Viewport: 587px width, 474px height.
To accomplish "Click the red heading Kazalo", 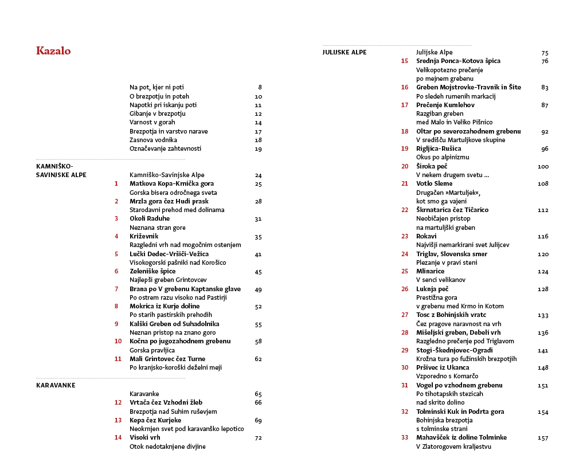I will click(x=53, y=51).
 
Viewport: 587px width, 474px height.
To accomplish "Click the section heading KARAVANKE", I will click(x=56, y=385).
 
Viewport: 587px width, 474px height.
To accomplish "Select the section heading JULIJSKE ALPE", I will click(x=345, y=52).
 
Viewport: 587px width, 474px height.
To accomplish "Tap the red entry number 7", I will click(x=116, y=289).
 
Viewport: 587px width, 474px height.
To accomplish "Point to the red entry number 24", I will click(x=405, y=254).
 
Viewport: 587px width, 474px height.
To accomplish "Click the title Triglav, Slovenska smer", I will click(x=452, y=254).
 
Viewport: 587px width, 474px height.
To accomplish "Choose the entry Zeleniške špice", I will click(x=152, y=271).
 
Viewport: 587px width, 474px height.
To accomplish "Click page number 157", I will click(x=543, y=438).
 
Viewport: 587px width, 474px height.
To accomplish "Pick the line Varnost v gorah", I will click(x=152, y=122).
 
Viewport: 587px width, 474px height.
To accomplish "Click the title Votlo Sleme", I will click(x=434, y=183).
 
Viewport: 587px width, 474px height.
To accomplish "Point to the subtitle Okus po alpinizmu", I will click(x=443, y=157).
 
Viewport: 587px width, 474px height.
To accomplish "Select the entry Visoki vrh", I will click(x=145, y=437).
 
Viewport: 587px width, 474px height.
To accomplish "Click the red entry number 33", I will click(x=405, y=437).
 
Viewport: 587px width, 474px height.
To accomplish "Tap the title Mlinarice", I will click(x=431, y=271).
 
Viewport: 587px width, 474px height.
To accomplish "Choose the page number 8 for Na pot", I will click(x=260, y=87).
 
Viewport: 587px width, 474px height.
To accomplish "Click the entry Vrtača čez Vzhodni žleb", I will click(x=166, y=402).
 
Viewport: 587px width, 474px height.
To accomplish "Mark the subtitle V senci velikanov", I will click(x=441, y=280).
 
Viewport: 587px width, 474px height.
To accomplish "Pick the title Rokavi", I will click(x=426, y=236).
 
